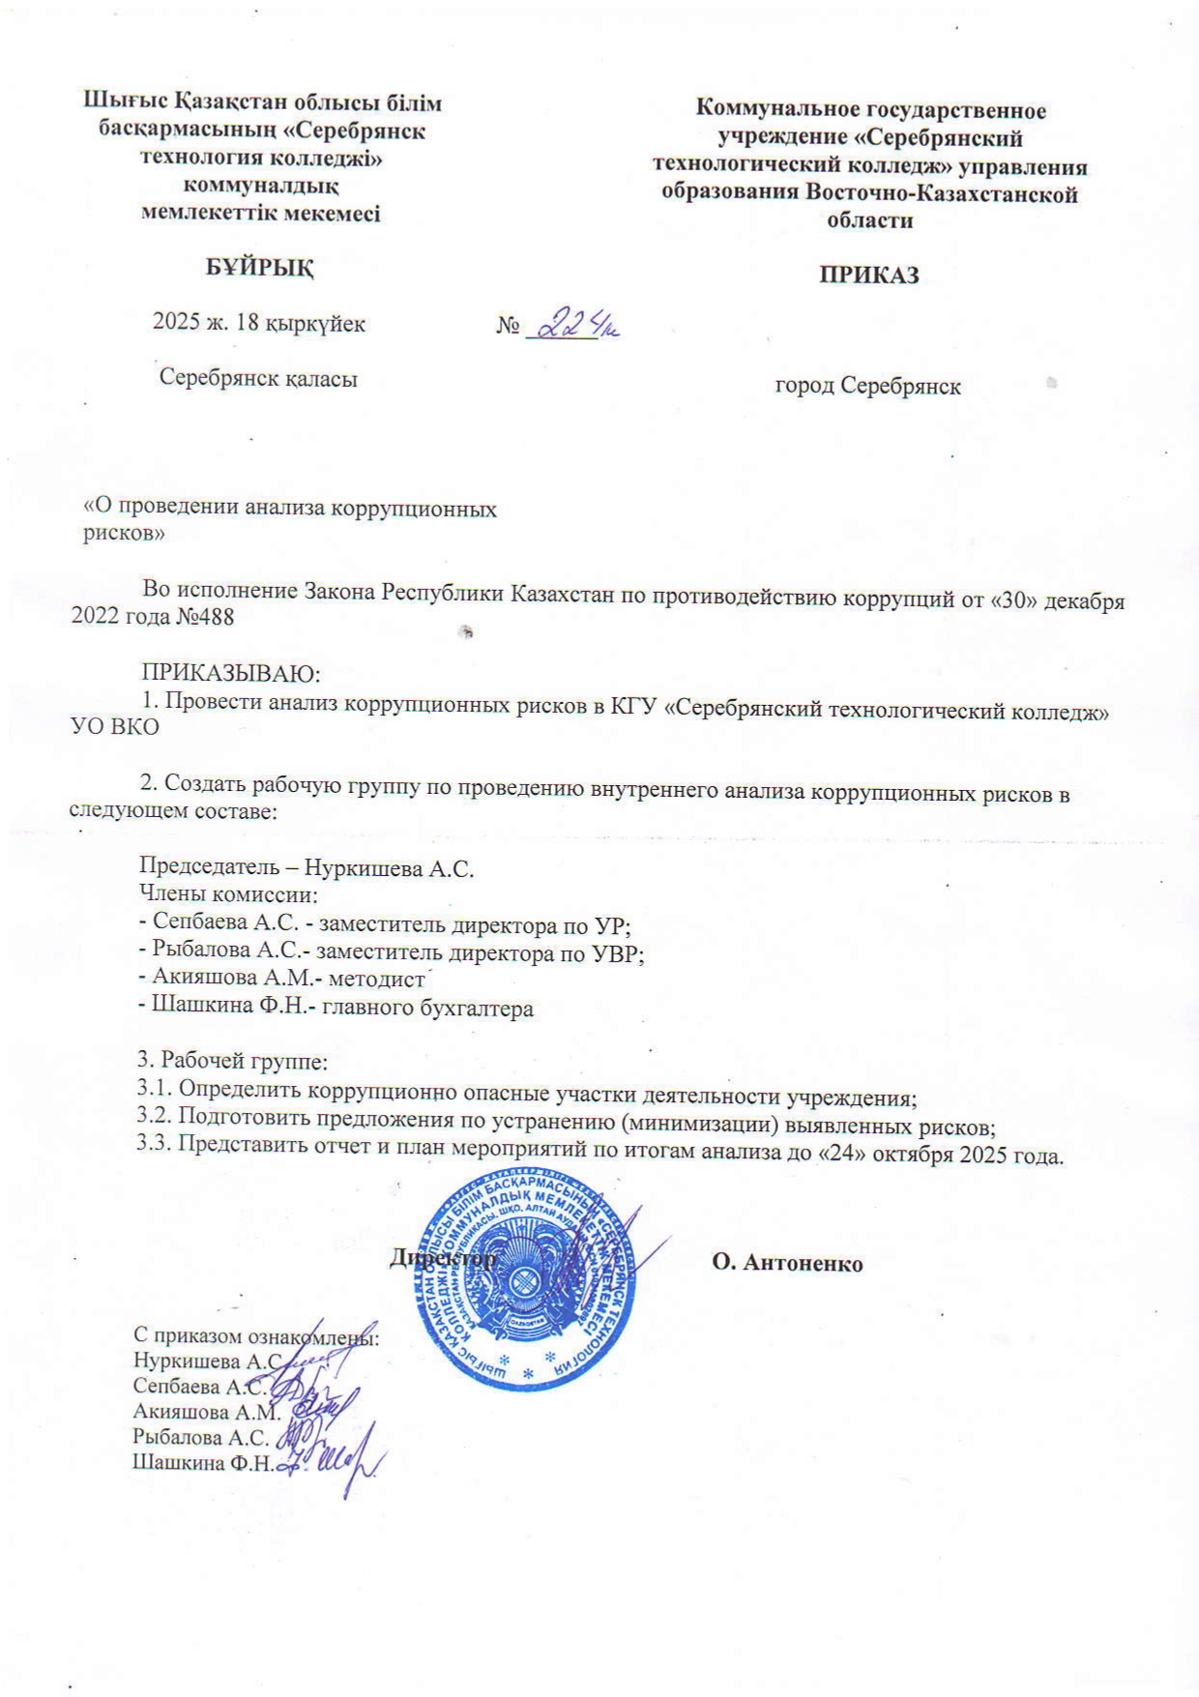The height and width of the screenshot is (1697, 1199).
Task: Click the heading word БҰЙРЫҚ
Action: [259, 267]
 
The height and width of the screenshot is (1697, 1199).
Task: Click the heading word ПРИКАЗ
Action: [868, 275]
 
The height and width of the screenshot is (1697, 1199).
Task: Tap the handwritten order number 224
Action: [571, 324]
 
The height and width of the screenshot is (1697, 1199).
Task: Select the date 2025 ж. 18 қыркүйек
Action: [259, 323]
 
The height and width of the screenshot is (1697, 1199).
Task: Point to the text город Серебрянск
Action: [867, 387]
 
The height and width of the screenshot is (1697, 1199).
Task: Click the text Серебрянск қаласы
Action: [258, 378]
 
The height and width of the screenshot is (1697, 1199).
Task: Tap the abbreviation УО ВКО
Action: [115, 727]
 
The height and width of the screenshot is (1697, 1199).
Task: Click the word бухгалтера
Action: [482, 1009]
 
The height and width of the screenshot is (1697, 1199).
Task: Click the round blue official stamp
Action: [528, 1277]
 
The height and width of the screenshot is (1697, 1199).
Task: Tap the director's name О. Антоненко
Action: [787, 1263]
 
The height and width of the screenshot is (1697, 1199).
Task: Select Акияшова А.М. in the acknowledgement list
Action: [206, 1411]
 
